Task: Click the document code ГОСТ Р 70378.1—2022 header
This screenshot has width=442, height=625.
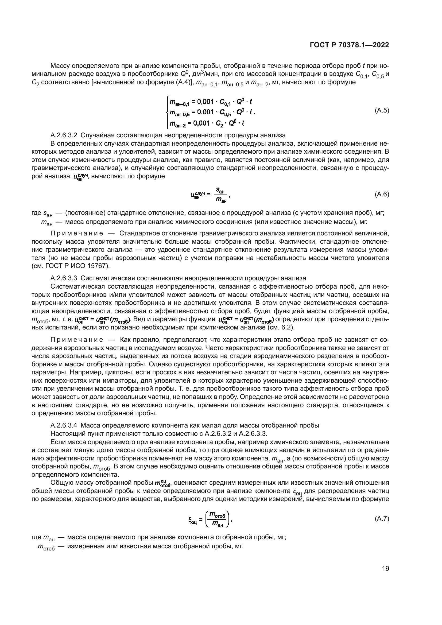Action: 350,45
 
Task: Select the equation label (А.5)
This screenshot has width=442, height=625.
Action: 382,111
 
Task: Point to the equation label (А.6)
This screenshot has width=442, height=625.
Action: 382,194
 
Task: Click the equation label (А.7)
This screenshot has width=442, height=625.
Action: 382,519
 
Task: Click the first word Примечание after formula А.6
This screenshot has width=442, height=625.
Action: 77,234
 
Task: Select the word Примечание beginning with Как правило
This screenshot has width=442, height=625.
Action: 77,340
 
